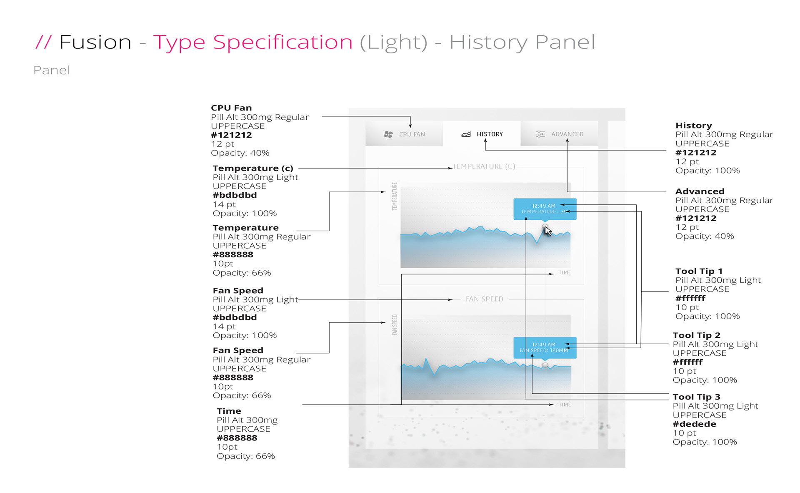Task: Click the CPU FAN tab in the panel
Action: click(x=404, y=134)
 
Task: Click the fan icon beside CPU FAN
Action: click(x=388, y=134)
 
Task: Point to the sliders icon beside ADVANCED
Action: click(x=540, y=134)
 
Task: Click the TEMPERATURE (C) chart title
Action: click(x=484, y=166)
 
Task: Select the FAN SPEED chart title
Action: click(x=484, y=299)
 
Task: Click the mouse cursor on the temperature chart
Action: click(x=548, y=231)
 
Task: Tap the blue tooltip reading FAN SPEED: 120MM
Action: click(x=545, y=347)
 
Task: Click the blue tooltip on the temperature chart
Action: click(x=545, y=209)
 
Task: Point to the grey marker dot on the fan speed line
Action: click(x=545, y=365)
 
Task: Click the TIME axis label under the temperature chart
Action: click(x=565, y=273)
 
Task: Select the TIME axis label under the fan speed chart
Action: click(x=565, y=405)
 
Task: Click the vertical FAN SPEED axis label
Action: click(x=395, y=325)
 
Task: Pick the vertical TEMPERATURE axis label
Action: click(x=395, y=196)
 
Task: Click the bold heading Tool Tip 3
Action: click(x=696, y=397)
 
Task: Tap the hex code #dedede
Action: click(x=694, y=424)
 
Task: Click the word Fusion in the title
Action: click(x=95, y=43)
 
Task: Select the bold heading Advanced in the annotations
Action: click(x=700, y=191)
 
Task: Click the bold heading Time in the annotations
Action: click(x=229, y=411)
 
